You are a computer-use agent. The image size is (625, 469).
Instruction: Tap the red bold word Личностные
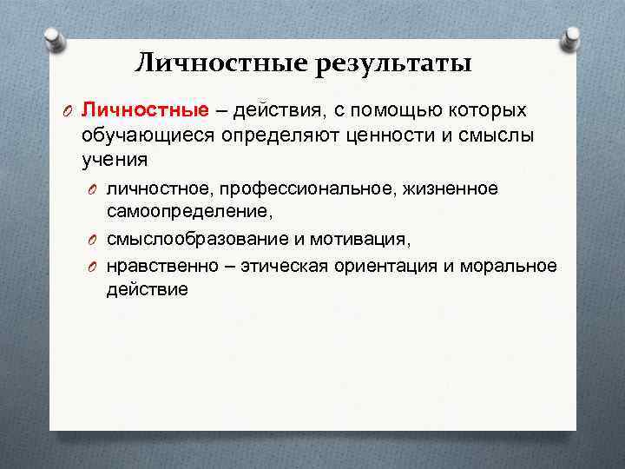tap(145, 110)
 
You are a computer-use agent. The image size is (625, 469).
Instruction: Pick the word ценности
tap(394, 135)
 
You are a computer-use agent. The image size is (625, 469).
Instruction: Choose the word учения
tap(115, 160)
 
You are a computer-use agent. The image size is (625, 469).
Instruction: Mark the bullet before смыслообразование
tap(93, 241)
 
